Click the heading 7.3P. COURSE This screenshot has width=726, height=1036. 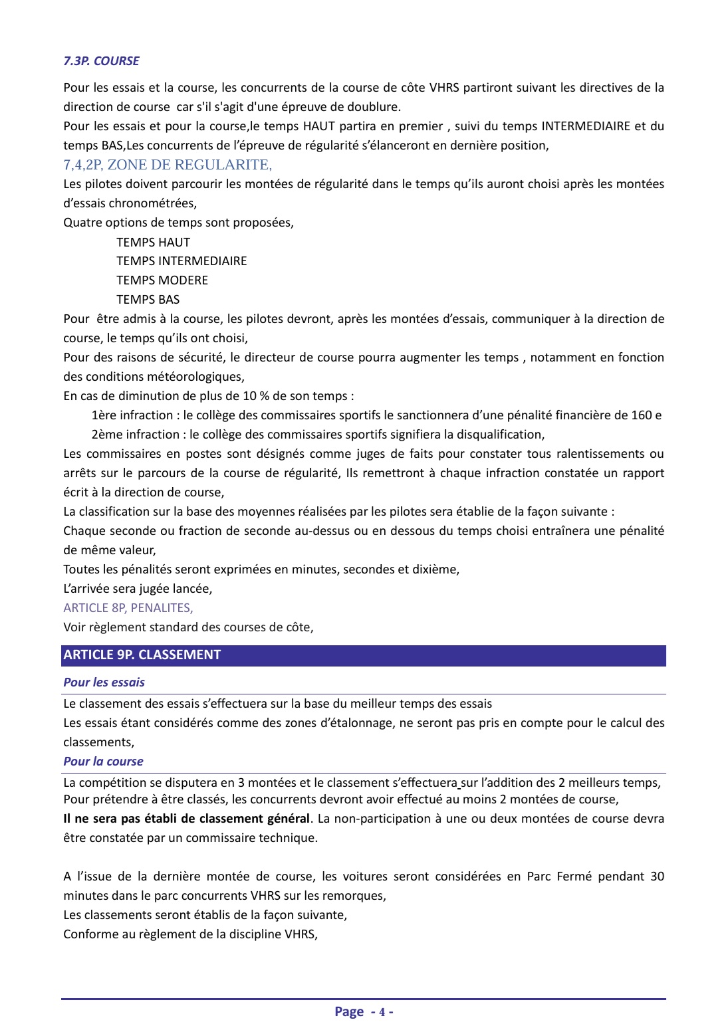(x=101, y=61)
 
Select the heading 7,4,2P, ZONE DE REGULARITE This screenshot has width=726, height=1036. (x=168, y=165)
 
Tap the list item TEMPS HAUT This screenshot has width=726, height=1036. (x=153, y=243)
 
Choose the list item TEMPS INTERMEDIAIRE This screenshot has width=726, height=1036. (x=181, y=261)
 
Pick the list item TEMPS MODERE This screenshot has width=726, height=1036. (x=162, y=280)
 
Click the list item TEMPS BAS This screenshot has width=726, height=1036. (x=148, y=300)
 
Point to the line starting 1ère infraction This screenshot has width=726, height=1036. (x=376, y=415)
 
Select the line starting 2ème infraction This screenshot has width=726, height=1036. (x=318, y=435)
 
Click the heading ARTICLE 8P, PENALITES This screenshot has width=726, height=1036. (x=128, y=608)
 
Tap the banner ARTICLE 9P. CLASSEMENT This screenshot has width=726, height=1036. (x=142, y=655)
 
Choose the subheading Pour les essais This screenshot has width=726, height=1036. (x=104, y=682)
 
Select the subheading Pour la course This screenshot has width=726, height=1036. (x=103, y=762)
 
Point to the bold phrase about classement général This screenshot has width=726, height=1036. (x=186, y=819)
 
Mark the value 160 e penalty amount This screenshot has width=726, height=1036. (x=646, y=415)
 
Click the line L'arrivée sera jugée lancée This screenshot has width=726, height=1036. (x=138, y=589)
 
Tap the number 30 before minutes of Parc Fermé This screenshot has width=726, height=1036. (x=657, y=877)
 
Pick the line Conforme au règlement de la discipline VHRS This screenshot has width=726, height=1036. (x=190, y=934)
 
